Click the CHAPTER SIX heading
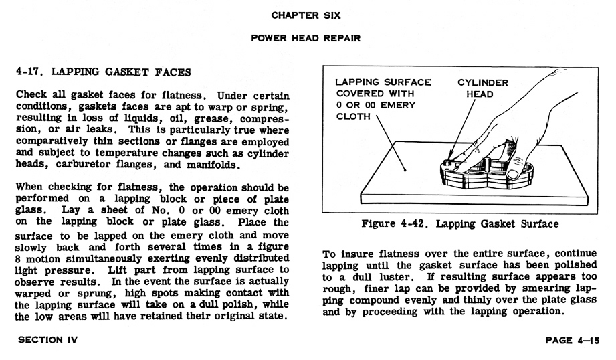(x=306, y=15)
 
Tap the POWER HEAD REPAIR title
(x=306, y=38)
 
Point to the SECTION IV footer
(x=48, y=339)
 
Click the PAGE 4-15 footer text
(x=572, y=340)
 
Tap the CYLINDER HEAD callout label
(x=482, y=88)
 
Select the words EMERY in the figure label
(x=398, y=105)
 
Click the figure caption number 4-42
(x=413, y=223)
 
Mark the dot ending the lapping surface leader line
(x=405, y=170)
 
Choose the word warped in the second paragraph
(x=33, y=294)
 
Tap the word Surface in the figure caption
(x=540, y=223)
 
